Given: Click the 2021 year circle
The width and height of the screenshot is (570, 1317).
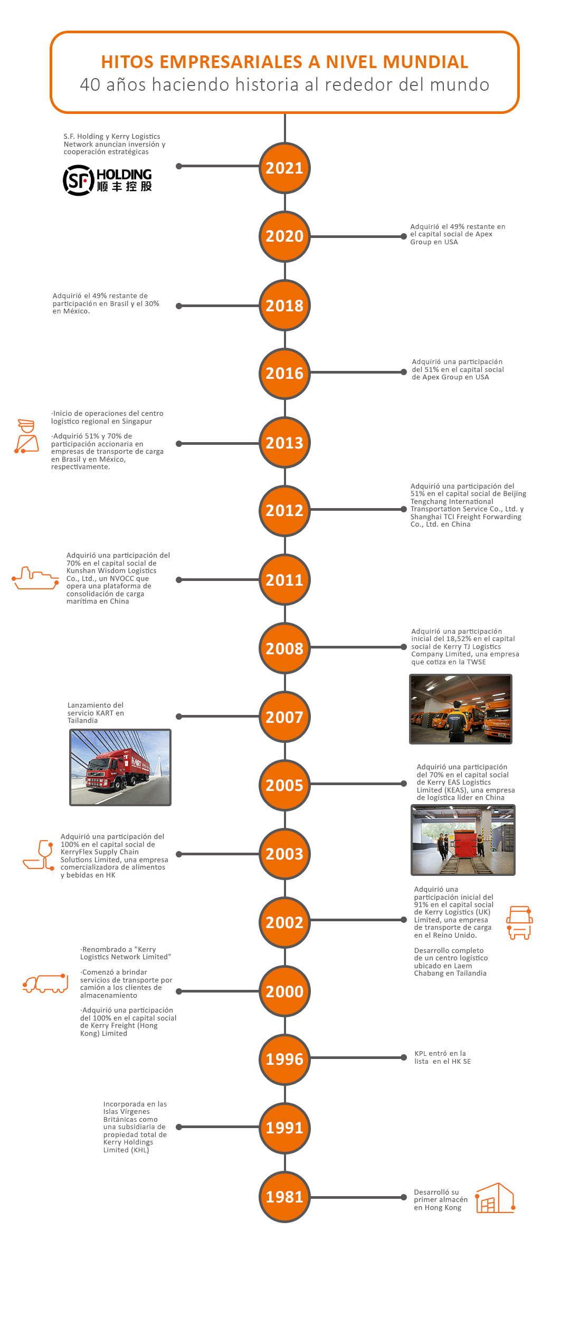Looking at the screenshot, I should [x=284, y=168].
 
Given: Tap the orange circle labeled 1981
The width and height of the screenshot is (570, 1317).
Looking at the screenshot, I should [x=284, y=1197].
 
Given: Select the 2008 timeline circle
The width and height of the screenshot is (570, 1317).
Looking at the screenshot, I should [x=284, y=648].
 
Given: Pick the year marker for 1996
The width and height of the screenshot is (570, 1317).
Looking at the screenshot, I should [x=284, y=1059].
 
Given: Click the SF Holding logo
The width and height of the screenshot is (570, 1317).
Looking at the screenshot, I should [x=108, y=180].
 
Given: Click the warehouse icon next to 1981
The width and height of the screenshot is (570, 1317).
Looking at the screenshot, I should [x=495, y=1198].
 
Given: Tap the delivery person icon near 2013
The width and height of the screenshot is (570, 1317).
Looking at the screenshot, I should [x=26, y=436].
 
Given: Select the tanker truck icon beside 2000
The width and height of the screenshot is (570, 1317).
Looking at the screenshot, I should [x=45, y=983].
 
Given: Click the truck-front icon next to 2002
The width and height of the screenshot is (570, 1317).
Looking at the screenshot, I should [x=519, y=922].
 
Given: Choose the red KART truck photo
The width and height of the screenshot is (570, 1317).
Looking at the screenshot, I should [x=120, y=767].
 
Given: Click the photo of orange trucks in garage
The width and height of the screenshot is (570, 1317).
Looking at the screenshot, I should [x=460, y=709].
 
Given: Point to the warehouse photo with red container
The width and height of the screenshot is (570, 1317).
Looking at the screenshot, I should [x=463, y=840].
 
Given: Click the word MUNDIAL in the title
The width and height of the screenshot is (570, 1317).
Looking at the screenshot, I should [x=425, y=62].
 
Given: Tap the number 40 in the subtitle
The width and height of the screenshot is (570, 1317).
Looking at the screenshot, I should [x=90, y=84].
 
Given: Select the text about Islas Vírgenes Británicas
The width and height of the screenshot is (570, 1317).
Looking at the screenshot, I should [x=135, y=1127].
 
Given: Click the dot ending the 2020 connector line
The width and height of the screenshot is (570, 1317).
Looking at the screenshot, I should [x=404, y=236].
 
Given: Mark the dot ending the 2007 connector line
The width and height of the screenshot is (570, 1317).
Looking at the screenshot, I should [x=179, y=717].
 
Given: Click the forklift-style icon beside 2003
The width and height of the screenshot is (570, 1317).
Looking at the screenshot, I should [x=39, y=855].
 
